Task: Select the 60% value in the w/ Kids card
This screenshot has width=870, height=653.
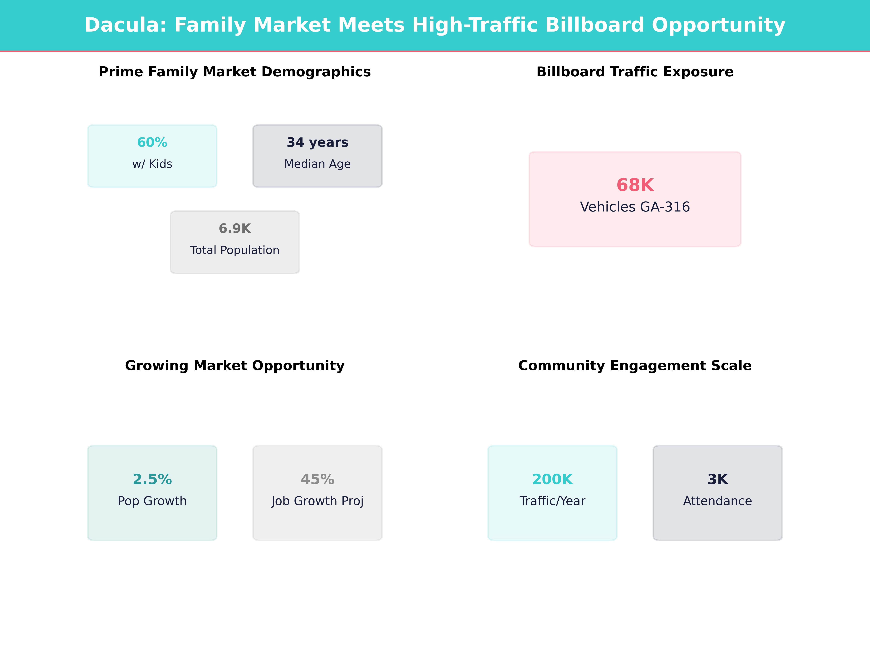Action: (152, 143)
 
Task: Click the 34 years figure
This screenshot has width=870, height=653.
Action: (317, 143)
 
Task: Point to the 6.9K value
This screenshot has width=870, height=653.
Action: (235, 229)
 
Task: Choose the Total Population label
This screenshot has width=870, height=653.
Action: (235, 250)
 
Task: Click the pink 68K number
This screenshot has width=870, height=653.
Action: (635, 185)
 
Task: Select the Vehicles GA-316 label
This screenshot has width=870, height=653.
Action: (635, 207)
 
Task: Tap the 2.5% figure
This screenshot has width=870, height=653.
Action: (152, 479)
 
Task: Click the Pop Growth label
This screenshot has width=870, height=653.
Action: (152, 501)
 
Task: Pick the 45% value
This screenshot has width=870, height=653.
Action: (317, 479)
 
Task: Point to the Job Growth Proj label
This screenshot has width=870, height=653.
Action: (317, 501)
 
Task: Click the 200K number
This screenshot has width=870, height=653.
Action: (552, 479)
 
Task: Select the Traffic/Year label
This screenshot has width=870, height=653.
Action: (552, 501)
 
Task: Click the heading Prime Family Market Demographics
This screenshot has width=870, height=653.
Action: (235, 72)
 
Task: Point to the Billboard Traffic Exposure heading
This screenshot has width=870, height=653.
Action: (635, 72)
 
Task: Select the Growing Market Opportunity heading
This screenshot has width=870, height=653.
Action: (235, 366)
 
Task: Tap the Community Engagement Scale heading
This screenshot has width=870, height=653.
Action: (635, 366)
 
